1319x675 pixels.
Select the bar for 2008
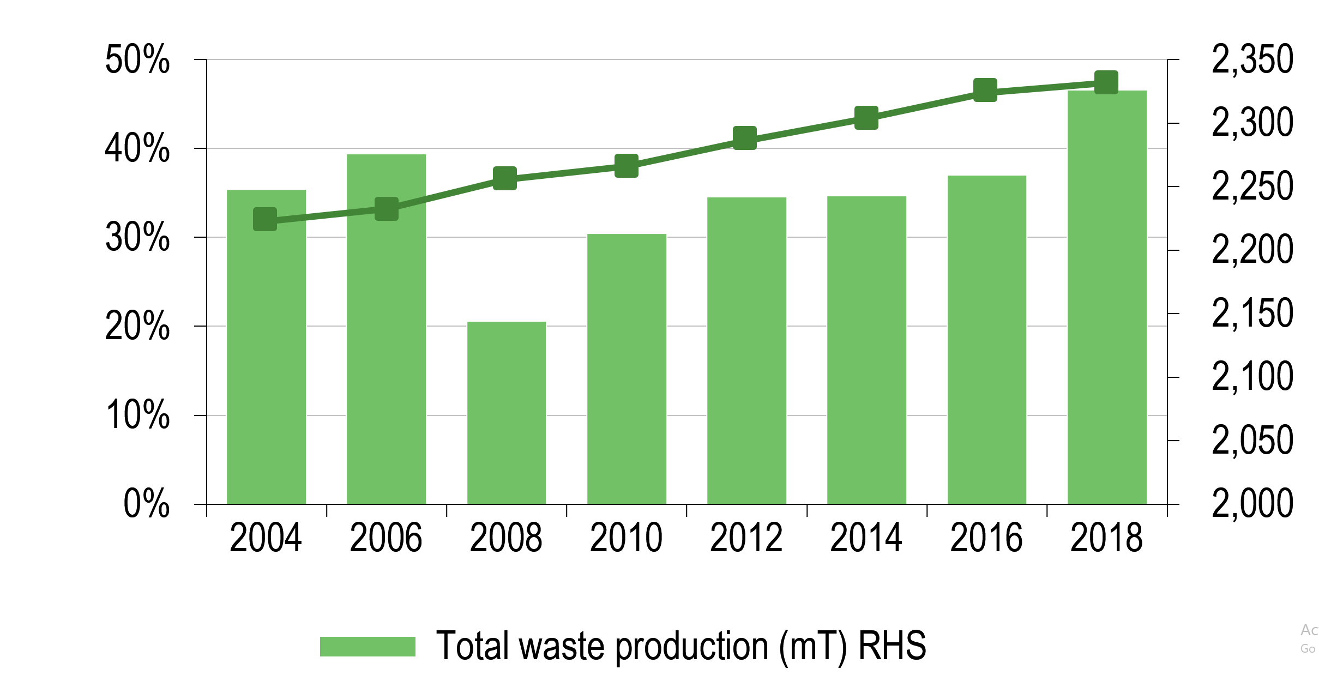506,413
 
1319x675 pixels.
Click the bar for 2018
1107,297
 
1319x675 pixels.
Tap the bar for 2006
386,329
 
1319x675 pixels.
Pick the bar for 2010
627,369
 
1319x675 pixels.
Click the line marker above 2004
265,219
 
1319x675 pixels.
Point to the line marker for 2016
985,90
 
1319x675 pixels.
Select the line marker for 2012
745,138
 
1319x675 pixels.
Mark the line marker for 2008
505,178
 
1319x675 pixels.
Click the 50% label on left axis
137,59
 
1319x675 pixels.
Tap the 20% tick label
137,326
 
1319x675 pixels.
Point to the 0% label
146,503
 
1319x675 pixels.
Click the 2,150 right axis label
1252,314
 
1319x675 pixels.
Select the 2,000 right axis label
1252,503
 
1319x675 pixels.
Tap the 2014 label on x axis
866,538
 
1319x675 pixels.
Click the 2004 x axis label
266,538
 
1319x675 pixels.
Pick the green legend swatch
368,646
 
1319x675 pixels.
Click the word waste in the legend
562,646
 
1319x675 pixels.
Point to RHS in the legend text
892,646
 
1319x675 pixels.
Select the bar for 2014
866,350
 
